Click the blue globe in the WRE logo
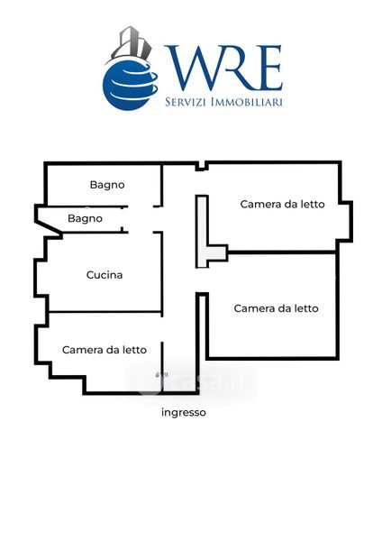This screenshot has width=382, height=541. [x=129, y=85]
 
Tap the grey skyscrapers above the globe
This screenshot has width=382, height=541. [x=132, y=43]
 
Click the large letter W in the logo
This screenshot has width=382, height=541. [x=194, y=67]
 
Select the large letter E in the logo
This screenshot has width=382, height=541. [x=268, y=68]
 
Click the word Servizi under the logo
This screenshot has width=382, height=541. [x=186, y=102]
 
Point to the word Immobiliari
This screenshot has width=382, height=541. [x=247, y=102]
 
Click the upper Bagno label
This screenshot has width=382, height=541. [x=107, y=185]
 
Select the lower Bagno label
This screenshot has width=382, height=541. [x=86, y=219]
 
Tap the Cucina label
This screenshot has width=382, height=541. [x=105, y=275]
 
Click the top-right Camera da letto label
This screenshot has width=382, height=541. [x=282, y=205]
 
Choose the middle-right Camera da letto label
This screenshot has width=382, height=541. [x=276, y=308]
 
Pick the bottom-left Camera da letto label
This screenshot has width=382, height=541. [x=105, y=350]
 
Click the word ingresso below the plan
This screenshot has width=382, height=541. [x=184, y=413]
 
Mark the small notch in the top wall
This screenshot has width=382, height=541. [x=201, y=166]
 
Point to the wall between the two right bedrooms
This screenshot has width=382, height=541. [x=281, y=252]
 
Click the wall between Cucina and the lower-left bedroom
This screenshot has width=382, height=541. [x=105, y=312]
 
